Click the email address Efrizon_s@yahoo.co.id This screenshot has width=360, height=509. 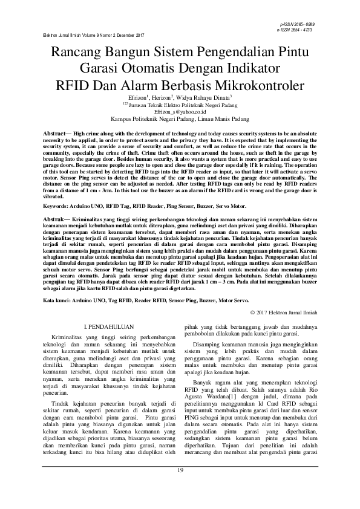[180, 112]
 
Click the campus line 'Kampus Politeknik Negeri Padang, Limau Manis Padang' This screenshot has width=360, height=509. [180, 119]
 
